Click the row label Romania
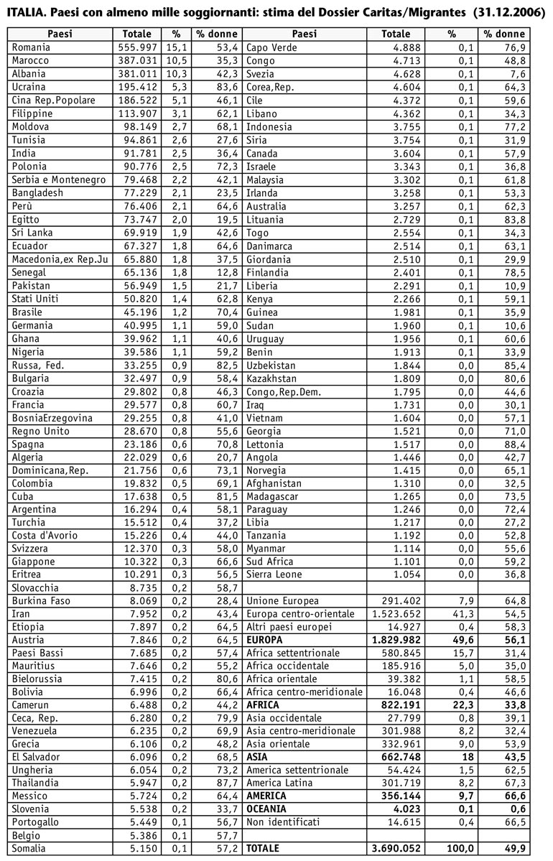(32, 47)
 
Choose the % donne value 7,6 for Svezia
(516, 74)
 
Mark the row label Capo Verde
(272, 47)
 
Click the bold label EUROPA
(265, 640)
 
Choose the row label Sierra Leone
(274, 574)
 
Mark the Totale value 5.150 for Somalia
(141, 849)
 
